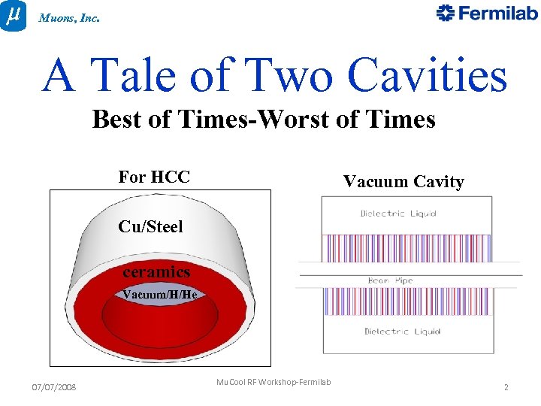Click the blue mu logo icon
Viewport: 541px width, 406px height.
(x=13, y=15)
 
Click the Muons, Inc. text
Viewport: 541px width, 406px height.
(x=69, y=17)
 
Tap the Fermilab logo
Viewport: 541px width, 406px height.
(x=487, y=14)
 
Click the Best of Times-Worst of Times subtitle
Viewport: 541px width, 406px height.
(x=264, y=120)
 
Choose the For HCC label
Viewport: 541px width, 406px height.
(x=154, y=177)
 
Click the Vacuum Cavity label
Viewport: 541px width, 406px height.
(x=403, y=181)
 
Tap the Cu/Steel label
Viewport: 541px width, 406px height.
(x=150, y=226)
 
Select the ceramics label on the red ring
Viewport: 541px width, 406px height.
(x=156, y=271)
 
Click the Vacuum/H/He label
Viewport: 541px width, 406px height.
(x=159, y=295)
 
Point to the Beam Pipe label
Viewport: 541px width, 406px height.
(x=390, y=281)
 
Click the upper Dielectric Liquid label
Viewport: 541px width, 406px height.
(x=399, y=214)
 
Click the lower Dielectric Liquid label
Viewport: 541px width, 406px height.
(x=403, y=332)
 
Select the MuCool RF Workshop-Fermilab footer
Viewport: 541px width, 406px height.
(x=274, y=383)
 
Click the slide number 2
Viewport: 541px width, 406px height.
(x=506, y=387)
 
